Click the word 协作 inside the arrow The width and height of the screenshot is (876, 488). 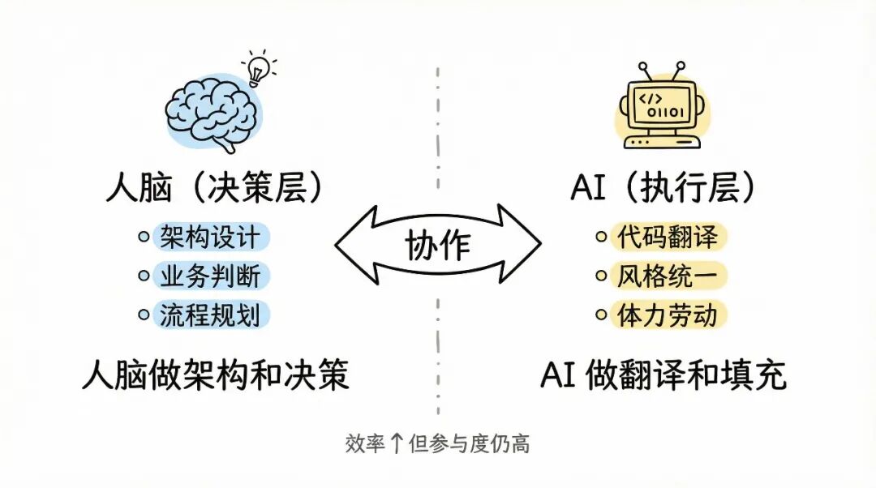click(x=438, y=243)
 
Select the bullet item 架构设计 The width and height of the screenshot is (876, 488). click(x=210, y=238)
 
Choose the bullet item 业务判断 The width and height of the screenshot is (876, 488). click(x=210, y=276)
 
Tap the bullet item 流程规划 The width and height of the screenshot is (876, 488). click(x=210, y=314)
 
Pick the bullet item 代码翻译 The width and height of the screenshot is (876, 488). click(x=667, y=238)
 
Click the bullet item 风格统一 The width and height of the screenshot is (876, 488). click(x=667, y=276)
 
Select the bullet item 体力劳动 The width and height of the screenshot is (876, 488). click(x=667, y=314)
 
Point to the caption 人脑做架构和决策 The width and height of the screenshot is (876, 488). click(x=215, y=375)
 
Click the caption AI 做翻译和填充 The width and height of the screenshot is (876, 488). click(x=663, y=375)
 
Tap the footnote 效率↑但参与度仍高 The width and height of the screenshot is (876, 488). click(x=437, y=444)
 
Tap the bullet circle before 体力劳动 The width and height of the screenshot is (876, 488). click(x=602, y=315)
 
